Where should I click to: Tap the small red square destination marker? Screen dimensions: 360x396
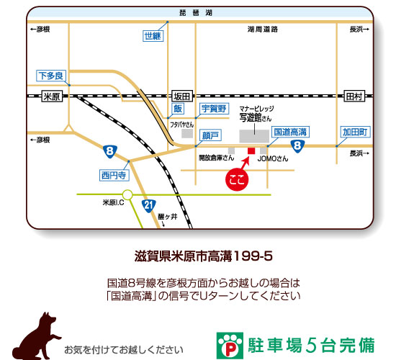point(251,151)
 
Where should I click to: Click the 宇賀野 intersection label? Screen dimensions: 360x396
point(213,109)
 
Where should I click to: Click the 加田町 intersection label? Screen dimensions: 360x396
point(355,132)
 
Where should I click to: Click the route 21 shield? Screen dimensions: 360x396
point(148,207)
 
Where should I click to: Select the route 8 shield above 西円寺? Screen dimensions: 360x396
point(109,151)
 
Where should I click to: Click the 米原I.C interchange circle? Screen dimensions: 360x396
point(127,194)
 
